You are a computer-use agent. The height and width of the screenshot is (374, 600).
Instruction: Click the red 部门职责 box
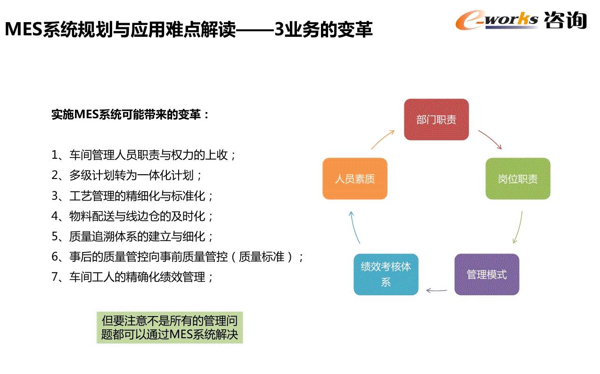[436, 119]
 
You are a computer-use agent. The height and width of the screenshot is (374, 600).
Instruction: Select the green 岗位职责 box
[518, 179]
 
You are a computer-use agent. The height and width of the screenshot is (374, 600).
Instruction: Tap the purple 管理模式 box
[486, 274]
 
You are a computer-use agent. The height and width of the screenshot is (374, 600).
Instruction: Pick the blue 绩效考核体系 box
[386, 274]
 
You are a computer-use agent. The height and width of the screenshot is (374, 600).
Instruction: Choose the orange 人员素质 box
[354, 179]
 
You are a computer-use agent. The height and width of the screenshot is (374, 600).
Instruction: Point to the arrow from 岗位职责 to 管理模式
[518, 228]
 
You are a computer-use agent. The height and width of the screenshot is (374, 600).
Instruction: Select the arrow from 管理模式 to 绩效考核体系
[436, 290]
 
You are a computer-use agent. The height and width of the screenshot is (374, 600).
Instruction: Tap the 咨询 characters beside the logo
[565, 20]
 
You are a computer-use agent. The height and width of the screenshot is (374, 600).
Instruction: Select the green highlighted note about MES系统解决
[170, 327]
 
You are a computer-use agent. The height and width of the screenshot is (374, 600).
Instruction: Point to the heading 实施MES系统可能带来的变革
[130, 114]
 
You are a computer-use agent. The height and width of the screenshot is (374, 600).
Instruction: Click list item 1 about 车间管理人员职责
[144, 154]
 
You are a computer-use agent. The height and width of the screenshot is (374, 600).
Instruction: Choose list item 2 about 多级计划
[127, 175]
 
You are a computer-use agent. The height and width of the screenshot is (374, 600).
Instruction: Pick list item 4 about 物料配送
[133, 216]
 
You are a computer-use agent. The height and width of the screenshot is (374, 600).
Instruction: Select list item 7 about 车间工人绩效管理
[133, 277]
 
